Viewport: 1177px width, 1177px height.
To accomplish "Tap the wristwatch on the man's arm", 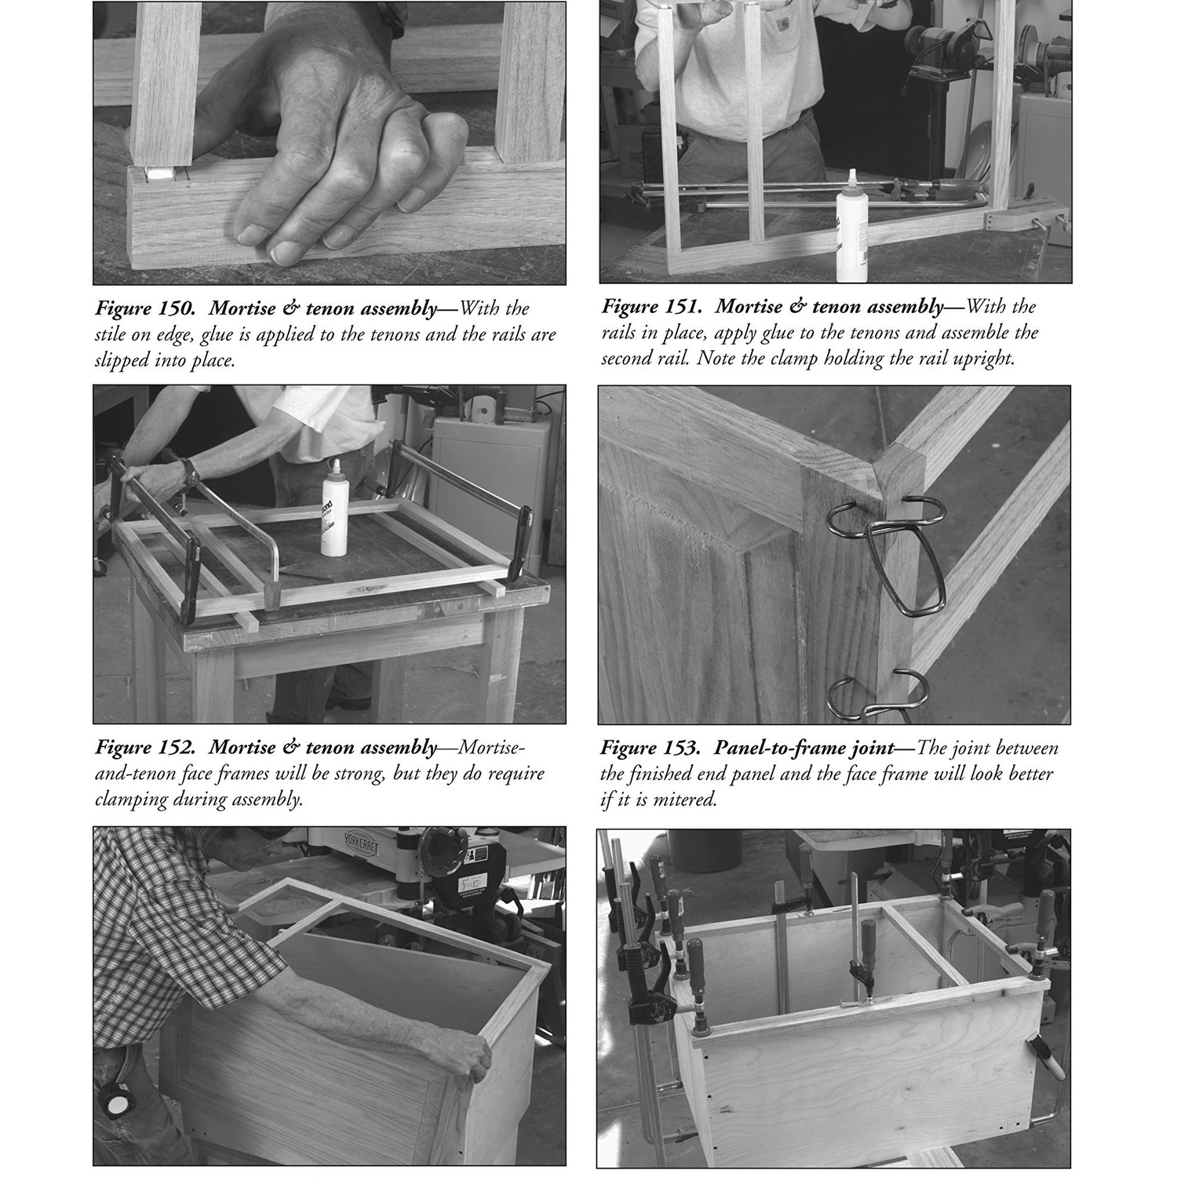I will (x=189, y=472).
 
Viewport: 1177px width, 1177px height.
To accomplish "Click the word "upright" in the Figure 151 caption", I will (x=986, y=359).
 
